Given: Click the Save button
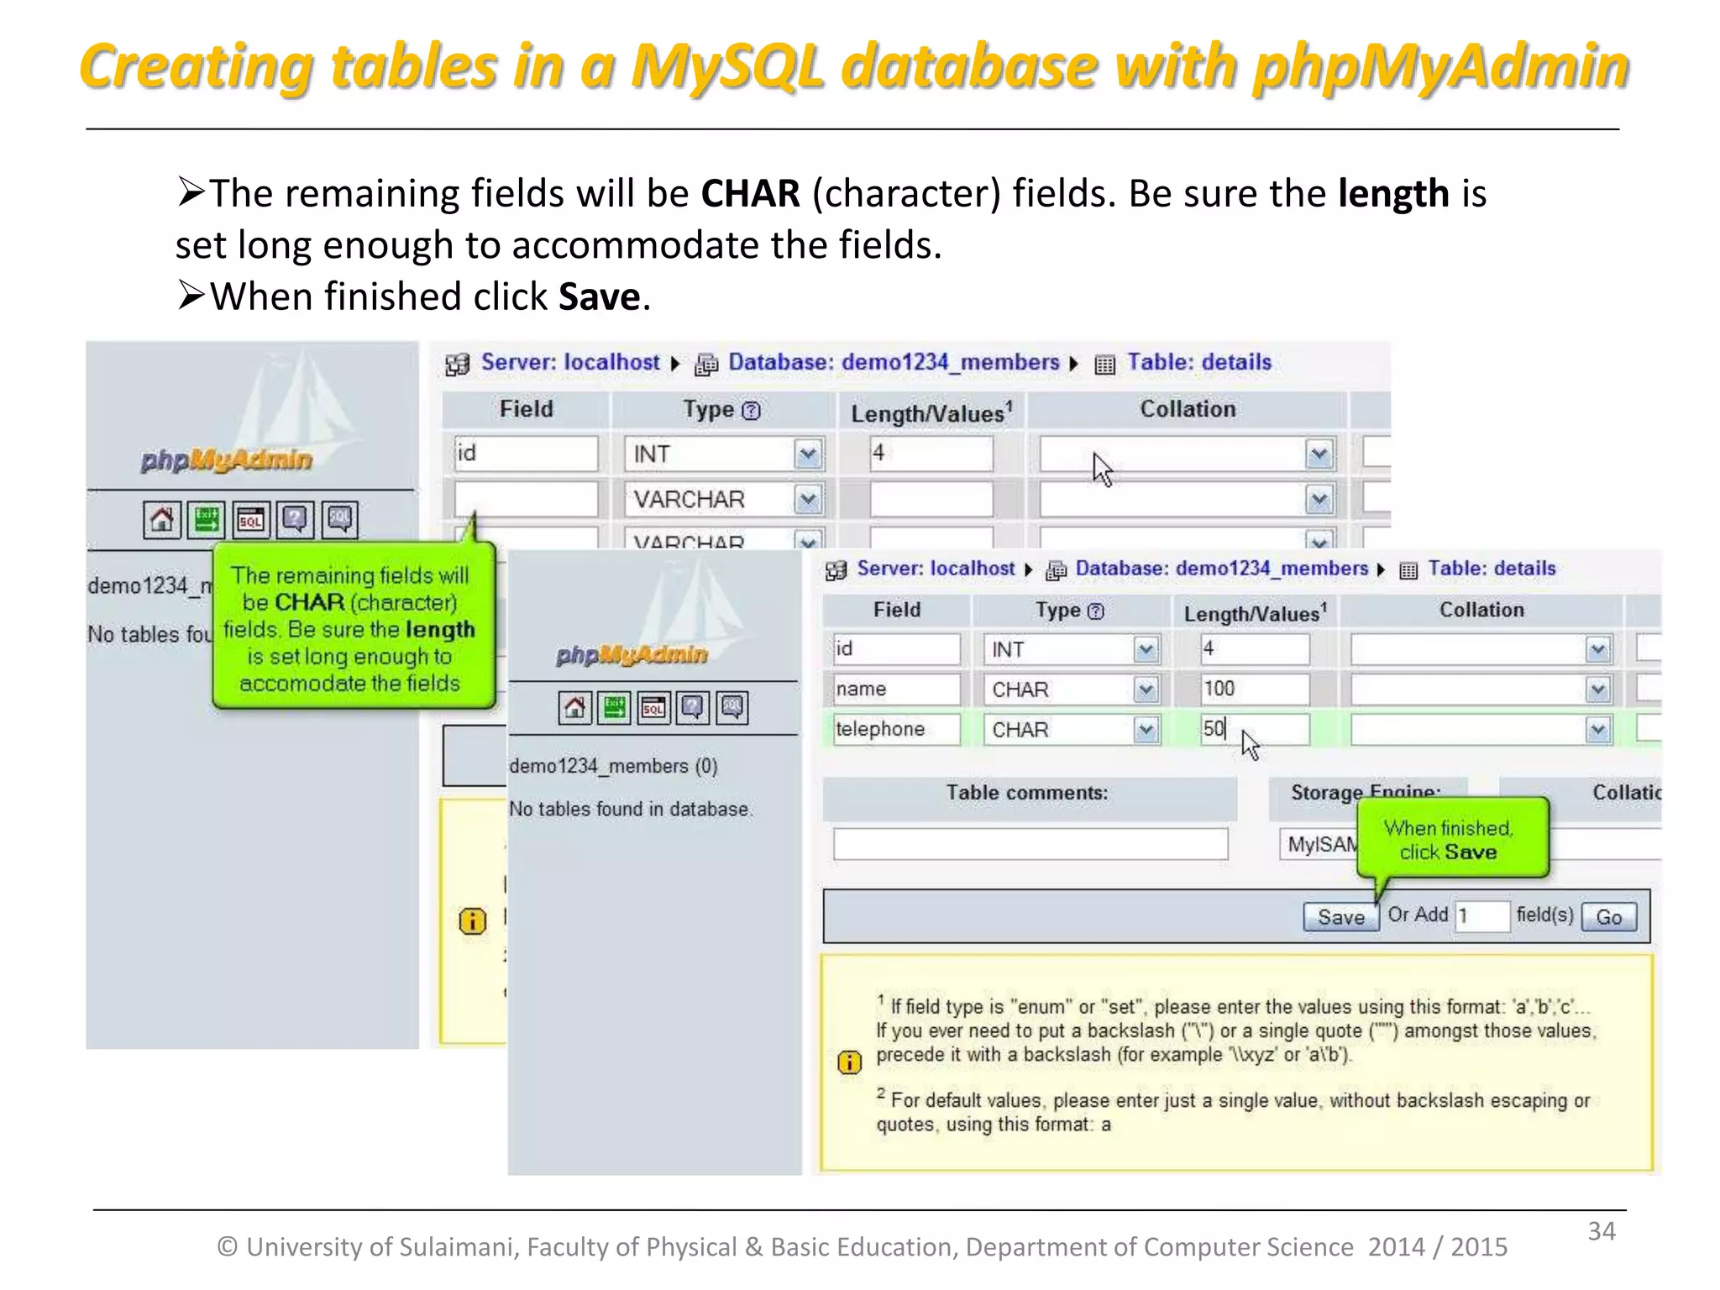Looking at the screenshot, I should tap(1340, 916).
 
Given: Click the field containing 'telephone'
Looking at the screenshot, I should tap(895, 729).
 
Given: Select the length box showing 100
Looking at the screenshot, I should tap(1254, 690).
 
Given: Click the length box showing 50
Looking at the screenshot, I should tap(1254, 729).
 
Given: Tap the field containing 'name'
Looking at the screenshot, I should tap(895, 690).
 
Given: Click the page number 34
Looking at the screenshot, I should tap(1601, 1231).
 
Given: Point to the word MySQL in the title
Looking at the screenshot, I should tap(727, 67).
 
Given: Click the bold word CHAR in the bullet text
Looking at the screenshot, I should tap(750, 194).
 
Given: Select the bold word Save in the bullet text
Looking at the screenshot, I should tap(599, 297).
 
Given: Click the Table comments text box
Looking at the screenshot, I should tap(1030, 843).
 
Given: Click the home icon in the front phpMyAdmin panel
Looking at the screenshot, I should tap(574, 708).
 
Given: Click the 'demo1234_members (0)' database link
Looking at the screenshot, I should tap(613, 766).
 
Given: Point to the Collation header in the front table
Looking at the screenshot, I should tap(1481, 611).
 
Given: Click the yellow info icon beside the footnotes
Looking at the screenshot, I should tap(849, 1062).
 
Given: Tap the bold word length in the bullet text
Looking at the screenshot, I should tap(1393, 194).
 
